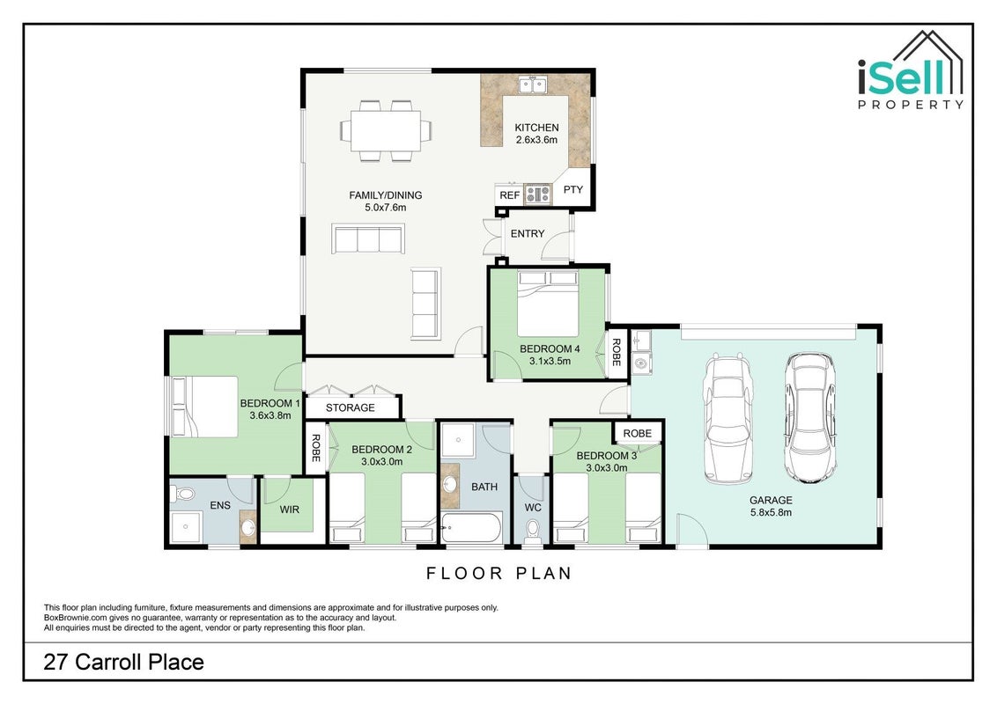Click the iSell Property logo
[x=911, y=70]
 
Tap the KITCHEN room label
[x=536, y=128]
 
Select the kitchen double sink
[x=533, y=84]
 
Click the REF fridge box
[x=509, y=195]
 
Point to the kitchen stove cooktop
[x=537, y=194]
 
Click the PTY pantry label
[x=572, y=189]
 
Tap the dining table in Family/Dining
[x=386, y=131]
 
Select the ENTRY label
[x=528, y=234]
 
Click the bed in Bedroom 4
[x=548, y=303]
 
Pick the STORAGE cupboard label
[x=351, y=408]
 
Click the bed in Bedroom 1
[x=204, y=407]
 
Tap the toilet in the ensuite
[x=184, y=493]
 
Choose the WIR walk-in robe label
[x=289, y=510]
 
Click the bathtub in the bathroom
[x=471, y=528]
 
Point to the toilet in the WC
[x=533, y=531]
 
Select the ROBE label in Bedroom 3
[x=637, y=433]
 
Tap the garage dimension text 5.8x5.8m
[x=770, y=512]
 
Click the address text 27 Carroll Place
[x=124, y=662]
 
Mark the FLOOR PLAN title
[x=499, y=574]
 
